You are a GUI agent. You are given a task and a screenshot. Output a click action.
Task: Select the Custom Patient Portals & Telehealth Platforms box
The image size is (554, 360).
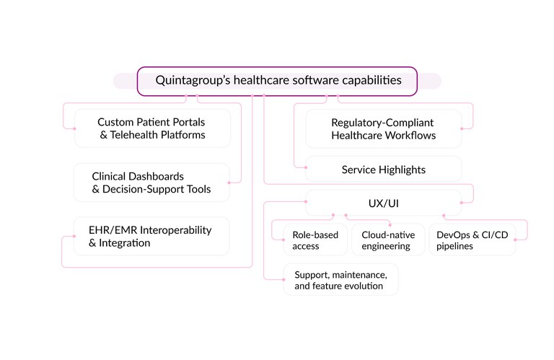pyautogui.click(x=152, y=128)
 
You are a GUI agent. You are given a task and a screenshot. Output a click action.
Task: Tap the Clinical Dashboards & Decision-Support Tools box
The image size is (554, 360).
pyautogui.click(x=151, y=183)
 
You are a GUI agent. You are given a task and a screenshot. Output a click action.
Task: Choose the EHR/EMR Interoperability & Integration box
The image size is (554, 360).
pyautogui.click(x=151, y=236)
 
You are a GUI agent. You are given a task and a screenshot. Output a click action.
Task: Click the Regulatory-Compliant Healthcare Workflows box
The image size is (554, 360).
pyautogui.click(x=384, y=128)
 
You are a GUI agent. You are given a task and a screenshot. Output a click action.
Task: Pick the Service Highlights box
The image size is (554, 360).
pyautogui.click(x=384, y=170)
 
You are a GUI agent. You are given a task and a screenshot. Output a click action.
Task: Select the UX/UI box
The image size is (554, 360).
pyautogui.click(x=384, y=203)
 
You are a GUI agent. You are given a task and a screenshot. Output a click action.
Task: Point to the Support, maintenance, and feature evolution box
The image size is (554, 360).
pyautogui.click(x=341, y=280)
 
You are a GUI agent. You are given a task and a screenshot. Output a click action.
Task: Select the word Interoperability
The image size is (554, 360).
pyautogui.click(x=177, y=230)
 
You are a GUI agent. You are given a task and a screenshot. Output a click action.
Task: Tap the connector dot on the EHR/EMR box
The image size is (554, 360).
pyautogui.click(x=74, y=236)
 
